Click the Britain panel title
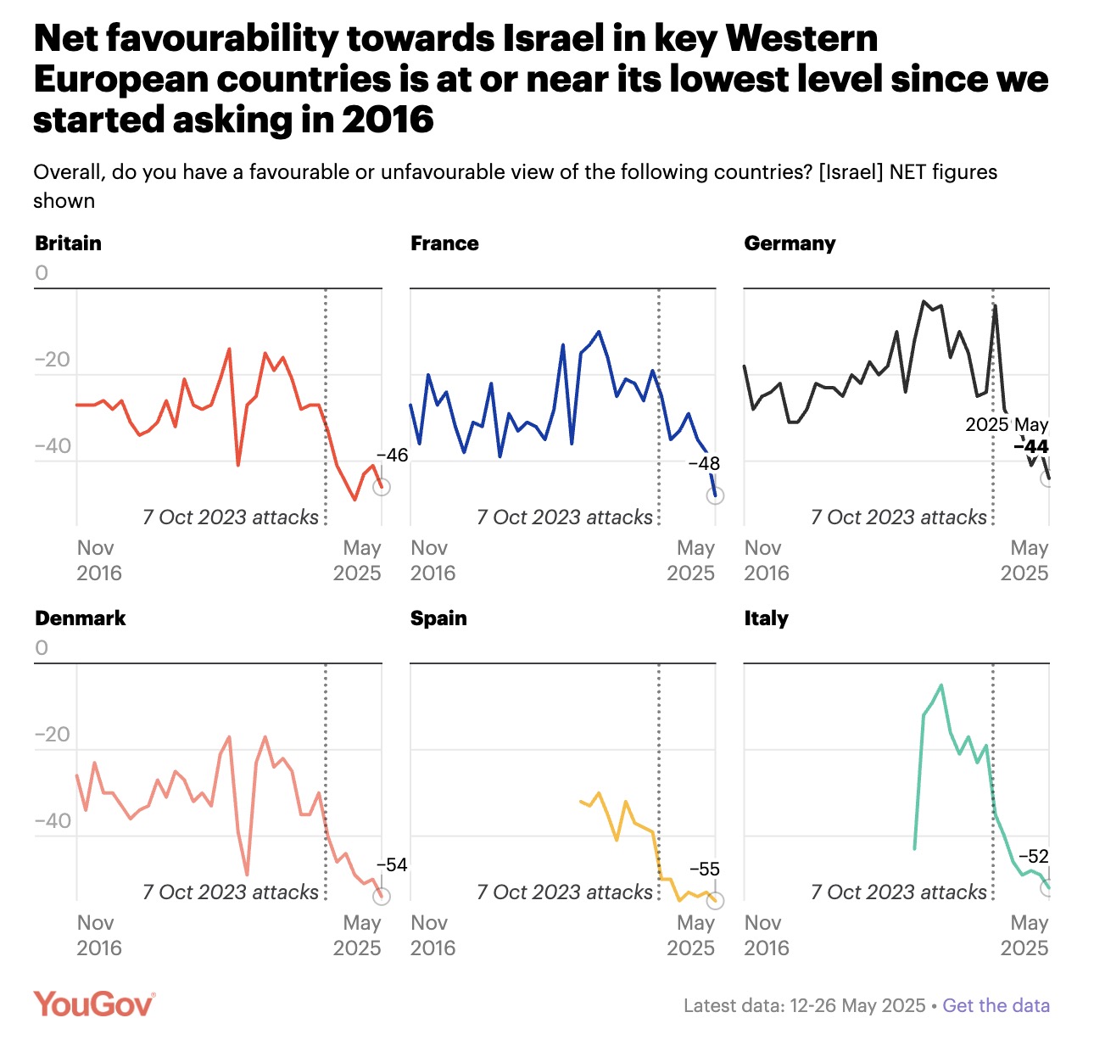(69, 243)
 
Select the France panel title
(444, 243)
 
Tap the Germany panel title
(790, 243)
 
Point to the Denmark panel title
(81, 618)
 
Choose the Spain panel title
(438, 618)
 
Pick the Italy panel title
(766, 618)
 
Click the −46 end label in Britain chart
(391, 456)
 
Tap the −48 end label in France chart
(703, 464)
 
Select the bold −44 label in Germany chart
(1031, 447)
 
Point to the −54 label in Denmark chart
(391, 865)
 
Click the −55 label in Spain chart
(704, 870)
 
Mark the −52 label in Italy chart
(1033, 857)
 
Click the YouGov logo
(94, 1004)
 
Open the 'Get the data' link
(996, 1006)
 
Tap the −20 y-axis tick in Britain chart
(53, 360)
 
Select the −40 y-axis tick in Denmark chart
(53, 821)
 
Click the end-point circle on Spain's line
(715, 901)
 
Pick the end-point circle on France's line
(715, 495)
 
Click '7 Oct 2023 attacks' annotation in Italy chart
(899, 892)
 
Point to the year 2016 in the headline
(388, 120)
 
